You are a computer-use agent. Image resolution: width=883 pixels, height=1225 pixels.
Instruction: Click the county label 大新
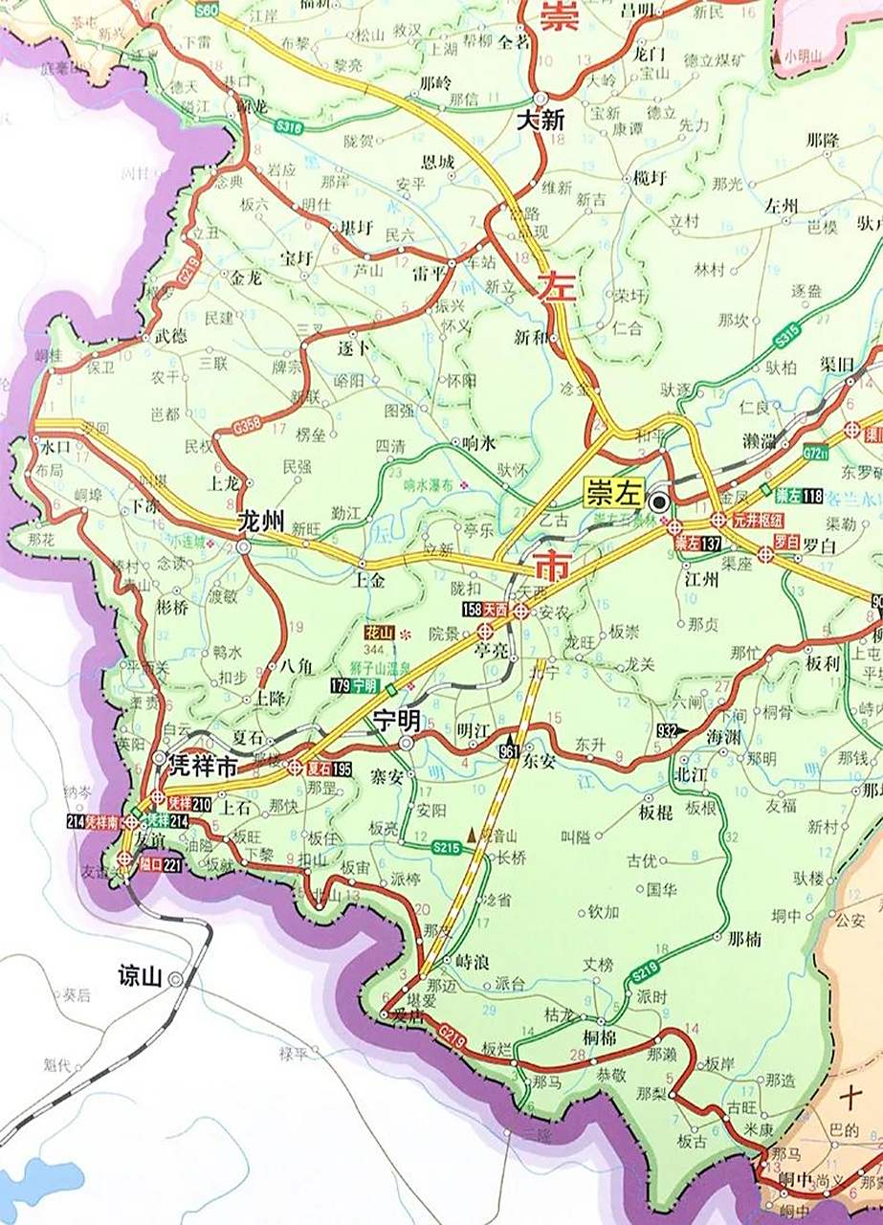pyautogui.click(x=541, y=121)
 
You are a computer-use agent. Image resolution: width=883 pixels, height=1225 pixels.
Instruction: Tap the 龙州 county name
pyautogui.click(x=261, y=523)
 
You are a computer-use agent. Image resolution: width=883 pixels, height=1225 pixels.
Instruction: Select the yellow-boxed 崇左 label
pyautogui.click(x=611, y=495)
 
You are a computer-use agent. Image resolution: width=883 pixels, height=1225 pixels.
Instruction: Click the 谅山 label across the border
pyautogui.click(x=137, y=977)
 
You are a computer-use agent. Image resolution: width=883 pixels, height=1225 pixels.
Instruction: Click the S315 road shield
pyautogui.click(x=786, y=338)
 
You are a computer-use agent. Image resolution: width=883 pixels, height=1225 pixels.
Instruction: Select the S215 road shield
pyautogui.click(x=446, y=846)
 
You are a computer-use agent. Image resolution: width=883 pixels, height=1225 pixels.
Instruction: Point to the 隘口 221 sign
pyautogui.click(x=159, y=863)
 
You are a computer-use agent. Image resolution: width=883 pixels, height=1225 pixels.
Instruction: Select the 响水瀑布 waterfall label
pyautogui.click(x=427, y=485)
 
